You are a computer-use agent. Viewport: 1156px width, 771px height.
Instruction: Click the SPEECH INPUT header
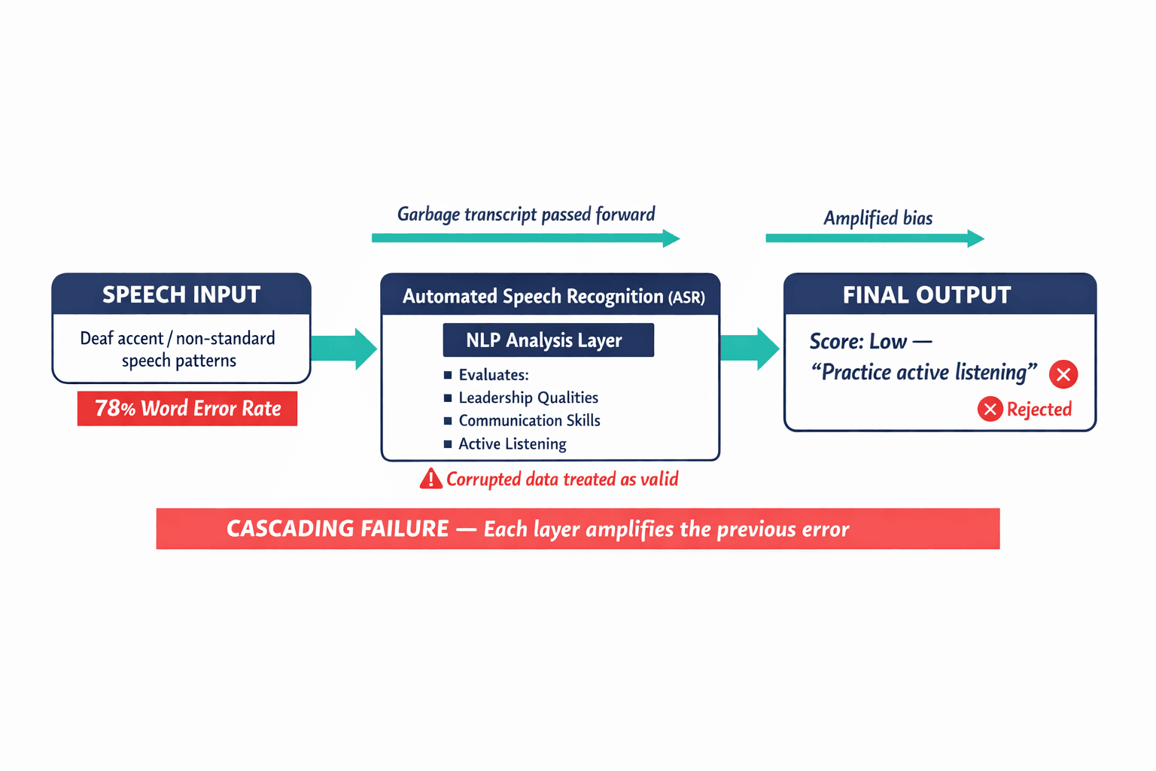tap(181, 294)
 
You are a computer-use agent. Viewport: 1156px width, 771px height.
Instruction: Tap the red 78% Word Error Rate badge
tap(187, 409)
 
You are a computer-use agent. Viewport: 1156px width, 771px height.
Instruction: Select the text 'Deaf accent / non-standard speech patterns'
tap(178, 349)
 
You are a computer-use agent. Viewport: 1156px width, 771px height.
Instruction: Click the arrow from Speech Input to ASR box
tap(344, 349)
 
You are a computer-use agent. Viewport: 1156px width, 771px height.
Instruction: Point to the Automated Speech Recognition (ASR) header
tap(552, 296)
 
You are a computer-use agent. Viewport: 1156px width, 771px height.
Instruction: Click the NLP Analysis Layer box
tap(548, 340)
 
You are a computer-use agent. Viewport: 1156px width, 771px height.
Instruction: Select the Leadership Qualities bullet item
tap(528, 398)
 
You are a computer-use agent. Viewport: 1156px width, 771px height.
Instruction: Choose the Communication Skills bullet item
tap(529, 421)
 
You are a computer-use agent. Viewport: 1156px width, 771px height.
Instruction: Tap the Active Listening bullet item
tap(512, 444)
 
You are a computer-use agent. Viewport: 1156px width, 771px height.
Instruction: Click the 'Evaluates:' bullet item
tap(494, 375)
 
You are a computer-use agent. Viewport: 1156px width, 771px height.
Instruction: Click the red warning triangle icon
tap(430, 479)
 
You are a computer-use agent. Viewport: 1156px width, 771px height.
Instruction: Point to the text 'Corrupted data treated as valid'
tap(562, 480)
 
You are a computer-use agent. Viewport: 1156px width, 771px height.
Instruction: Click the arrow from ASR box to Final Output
tap(749, 349)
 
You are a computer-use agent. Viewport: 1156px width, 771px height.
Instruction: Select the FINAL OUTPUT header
tap(926, 295)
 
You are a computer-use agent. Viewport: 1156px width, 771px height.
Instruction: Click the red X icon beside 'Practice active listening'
tap(1063, 374)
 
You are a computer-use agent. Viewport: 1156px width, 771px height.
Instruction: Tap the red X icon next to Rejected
tap(990, 409)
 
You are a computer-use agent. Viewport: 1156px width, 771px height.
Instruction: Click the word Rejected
tap(1039, 409)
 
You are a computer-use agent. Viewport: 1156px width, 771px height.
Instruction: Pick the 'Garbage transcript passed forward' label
tap(526, 215)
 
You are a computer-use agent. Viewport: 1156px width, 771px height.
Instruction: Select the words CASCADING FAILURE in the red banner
tap(338, 529)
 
